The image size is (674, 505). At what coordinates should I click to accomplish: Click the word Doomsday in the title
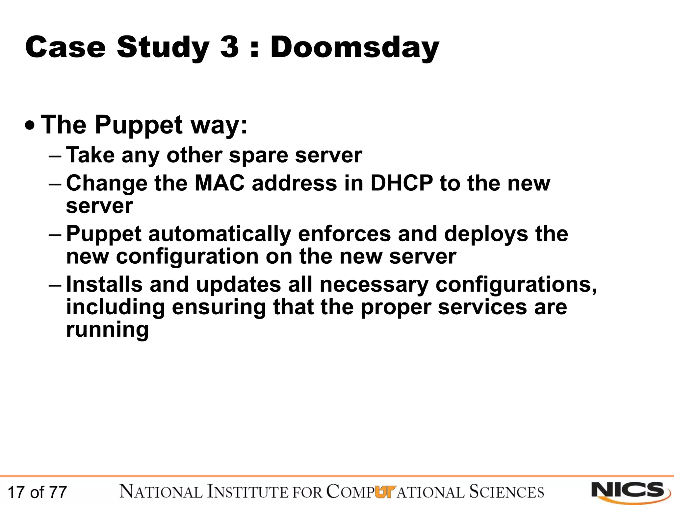[x=354, y=48]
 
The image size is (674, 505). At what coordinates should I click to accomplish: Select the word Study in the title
[x=163, y=48]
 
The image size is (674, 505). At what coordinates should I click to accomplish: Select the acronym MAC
[x=220, y=183]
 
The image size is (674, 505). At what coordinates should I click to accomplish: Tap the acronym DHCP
[x=402, y=183]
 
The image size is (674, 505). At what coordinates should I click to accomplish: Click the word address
[x=294, y=183]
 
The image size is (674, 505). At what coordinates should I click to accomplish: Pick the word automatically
[x=220, y=234]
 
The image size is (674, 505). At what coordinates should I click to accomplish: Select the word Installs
[x=104, y=284]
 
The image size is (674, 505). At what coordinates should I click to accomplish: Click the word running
[x=107, y=330]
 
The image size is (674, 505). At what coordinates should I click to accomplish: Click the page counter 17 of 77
[x=37, y=492]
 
